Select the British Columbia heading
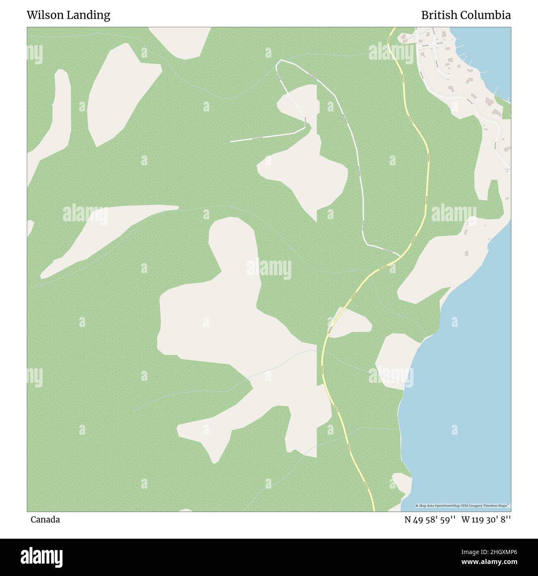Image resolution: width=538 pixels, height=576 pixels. click(x=466, y=15)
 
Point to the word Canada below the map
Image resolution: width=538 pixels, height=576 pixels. click(x=45, y=519)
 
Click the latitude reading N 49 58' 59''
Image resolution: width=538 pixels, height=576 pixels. click(x=430, y=519)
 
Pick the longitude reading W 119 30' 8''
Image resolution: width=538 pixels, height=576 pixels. click(x=486, y=519)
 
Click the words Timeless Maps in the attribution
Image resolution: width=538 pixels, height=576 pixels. click(x=498, y=506)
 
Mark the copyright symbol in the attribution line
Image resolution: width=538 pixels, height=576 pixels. click(x=417, y=506)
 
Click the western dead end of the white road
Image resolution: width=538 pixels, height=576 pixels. click(x=231, y=142)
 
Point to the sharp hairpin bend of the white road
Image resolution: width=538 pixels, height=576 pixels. click(x=306, y=127)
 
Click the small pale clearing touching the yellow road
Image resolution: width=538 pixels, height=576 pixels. click(x=350, y=322)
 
